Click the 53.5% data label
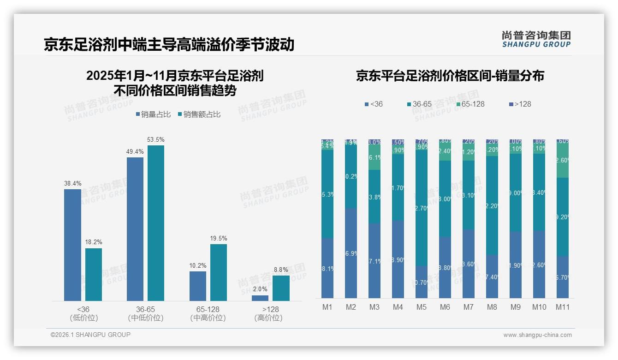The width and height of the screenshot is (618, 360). point(155,139)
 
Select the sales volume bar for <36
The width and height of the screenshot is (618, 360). point(72,245)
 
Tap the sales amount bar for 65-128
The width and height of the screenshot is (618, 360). point(219,272)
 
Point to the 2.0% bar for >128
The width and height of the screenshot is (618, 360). point(260,298)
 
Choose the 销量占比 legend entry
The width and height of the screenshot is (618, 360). point(154,114)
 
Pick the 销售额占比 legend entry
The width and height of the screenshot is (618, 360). point(199,114)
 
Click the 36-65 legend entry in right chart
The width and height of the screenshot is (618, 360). point(419,104)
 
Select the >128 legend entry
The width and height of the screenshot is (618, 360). point(520,104)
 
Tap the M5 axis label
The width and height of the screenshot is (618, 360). point(422,307)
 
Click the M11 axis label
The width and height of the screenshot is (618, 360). point(562,307)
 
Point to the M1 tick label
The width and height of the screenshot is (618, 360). point(327,307)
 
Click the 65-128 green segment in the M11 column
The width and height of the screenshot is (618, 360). point(562,160)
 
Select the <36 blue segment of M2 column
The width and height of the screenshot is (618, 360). point(351,253)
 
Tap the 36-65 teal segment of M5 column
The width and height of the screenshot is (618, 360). point(422,208)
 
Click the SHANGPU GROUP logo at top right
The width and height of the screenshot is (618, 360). point(536,39)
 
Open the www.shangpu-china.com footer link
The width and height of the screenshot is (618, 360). point(537,335)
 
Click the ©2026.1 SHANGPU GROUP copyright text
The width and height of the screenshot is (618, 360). point(90,335)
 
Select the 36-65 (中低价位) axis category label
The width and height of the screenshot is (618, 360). point(146,313)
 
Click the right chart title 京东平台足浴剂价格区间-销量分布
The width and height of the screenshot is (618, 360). point(450,76)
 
